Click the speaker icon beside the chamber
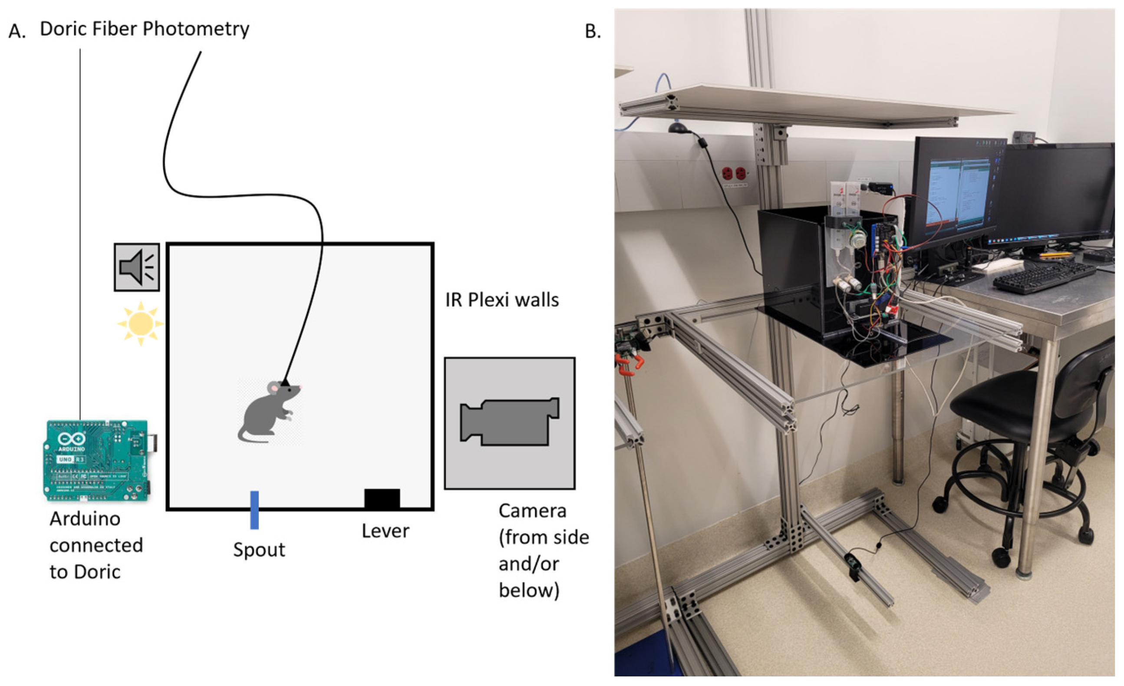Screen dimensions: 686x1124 (136, 267)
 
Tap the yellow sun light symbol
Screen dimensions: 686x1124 (141, 323)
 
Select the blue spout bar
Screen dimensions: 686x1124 (254, 510)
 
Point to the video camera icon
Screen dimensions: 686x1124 (509, 422)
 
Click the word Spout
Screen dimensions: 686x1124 (259, 550)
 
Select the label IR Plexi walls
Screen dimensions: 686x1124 (502, 300)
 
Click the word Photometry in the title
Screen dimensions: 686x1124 (196, 29)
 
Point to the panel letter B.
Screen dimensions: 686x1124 (593, 31)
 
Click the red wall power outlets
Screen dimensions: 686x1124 (734, 174)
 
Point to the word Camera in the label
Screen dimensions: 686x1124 (532, 511)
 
